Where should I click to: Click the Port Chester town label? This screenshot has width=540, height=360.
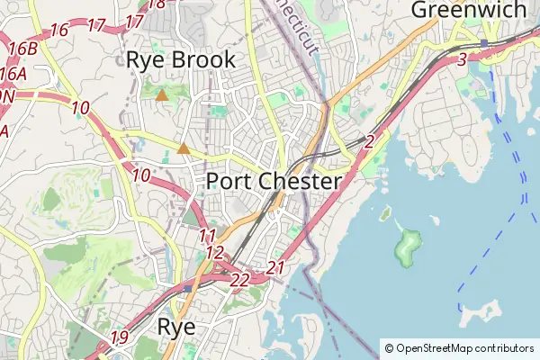tap(274, 181)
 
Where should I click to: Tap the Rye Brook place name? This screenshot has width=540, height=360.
tap(181, 60)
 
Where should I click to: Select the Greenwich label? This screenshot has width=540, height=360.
tap(468, 10)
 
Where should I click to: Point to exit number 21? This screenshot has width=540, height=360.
tap(276, 267)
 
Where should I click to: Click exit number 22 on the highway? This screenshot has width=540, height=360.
tap(239, 281)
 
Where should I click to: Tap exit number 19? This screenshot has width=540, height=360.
tap(120, 338)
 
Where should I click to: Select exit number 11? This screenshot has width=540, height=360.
tap(208, 236)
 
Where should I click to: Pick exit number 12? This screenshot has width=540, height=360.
tap(214, 253)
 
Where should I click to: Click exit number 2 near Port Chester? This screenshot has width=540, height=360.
tap(369, 141)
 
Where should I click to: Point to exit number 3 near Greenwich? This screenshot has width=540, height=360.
tap(462, 59)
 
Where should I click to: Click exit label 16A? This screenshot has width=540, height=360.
tap(13, 74)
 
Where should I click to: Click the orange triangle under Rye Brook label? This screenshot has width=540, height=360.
tap(161, 94)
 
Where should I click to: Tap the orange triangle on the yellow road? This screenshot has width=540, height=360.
tap(184, 148)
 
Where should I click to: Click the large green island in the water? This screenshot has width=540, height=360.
tap(408, 244)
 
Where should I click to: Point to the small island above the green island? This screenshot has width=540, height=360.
tap(385, 214)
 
